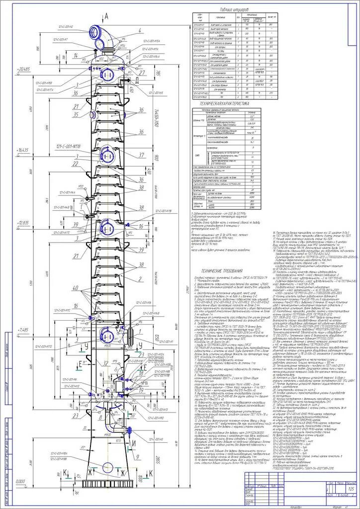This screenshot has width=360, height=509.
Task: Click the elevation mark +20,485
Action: (x=23, y=69)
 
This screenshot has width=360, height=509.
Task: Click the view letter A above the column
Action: (x=106, y=16)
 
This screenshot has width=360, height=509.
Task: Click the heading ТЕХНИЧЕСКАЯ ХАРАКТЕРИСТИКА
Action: (x=223, y=104)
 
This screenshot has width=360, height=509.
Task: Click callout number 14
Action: (x=76, y=55)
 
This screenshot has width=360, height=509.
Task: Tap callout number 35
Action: (x=76, y=115)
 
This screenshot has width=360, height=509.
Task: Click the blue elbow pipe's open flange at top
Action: (x=95, y=33)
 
